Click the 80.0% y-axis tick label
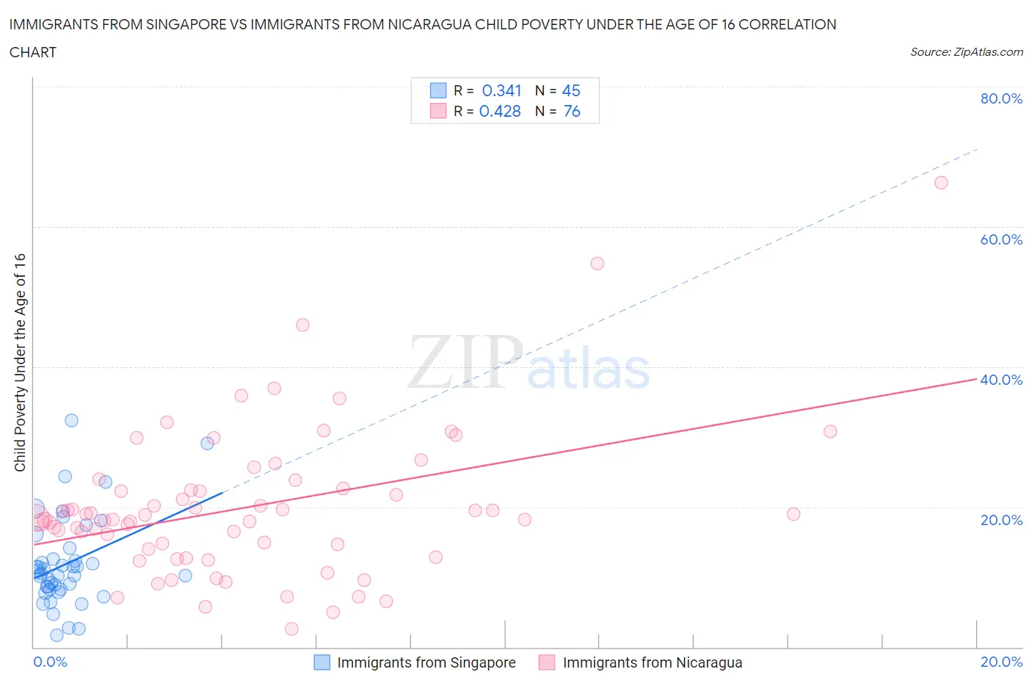tap(1001, 98)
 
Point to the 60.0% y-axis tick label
tap(1001, 239)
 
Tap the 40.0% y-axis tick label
tap(1001, 380)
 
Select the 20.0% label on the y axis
tap(1001, 520)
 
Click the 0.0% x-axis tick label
tap(50, 662)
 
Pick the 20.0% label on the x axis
tap(1001, 662)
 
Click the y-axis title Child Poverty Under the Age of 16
tap(20, 362)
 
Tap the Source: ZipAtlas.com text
tap(966, 51)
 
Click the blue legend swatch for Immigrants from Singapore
tap(321, 662)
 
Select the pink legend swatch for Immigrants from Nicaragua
tap(547, 662)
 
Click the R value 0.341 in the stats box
tap(501, 90)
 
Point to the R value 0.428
tap(500, 111)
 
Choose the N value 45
tap(571, 90)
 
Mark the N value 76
tap(572, 111)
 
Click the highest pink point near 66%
tap(941, 183)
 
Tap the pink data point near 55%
tap(597, 264)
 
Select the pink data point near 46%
tap(302, 325)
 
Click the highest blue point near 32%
tap(71, 420)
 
